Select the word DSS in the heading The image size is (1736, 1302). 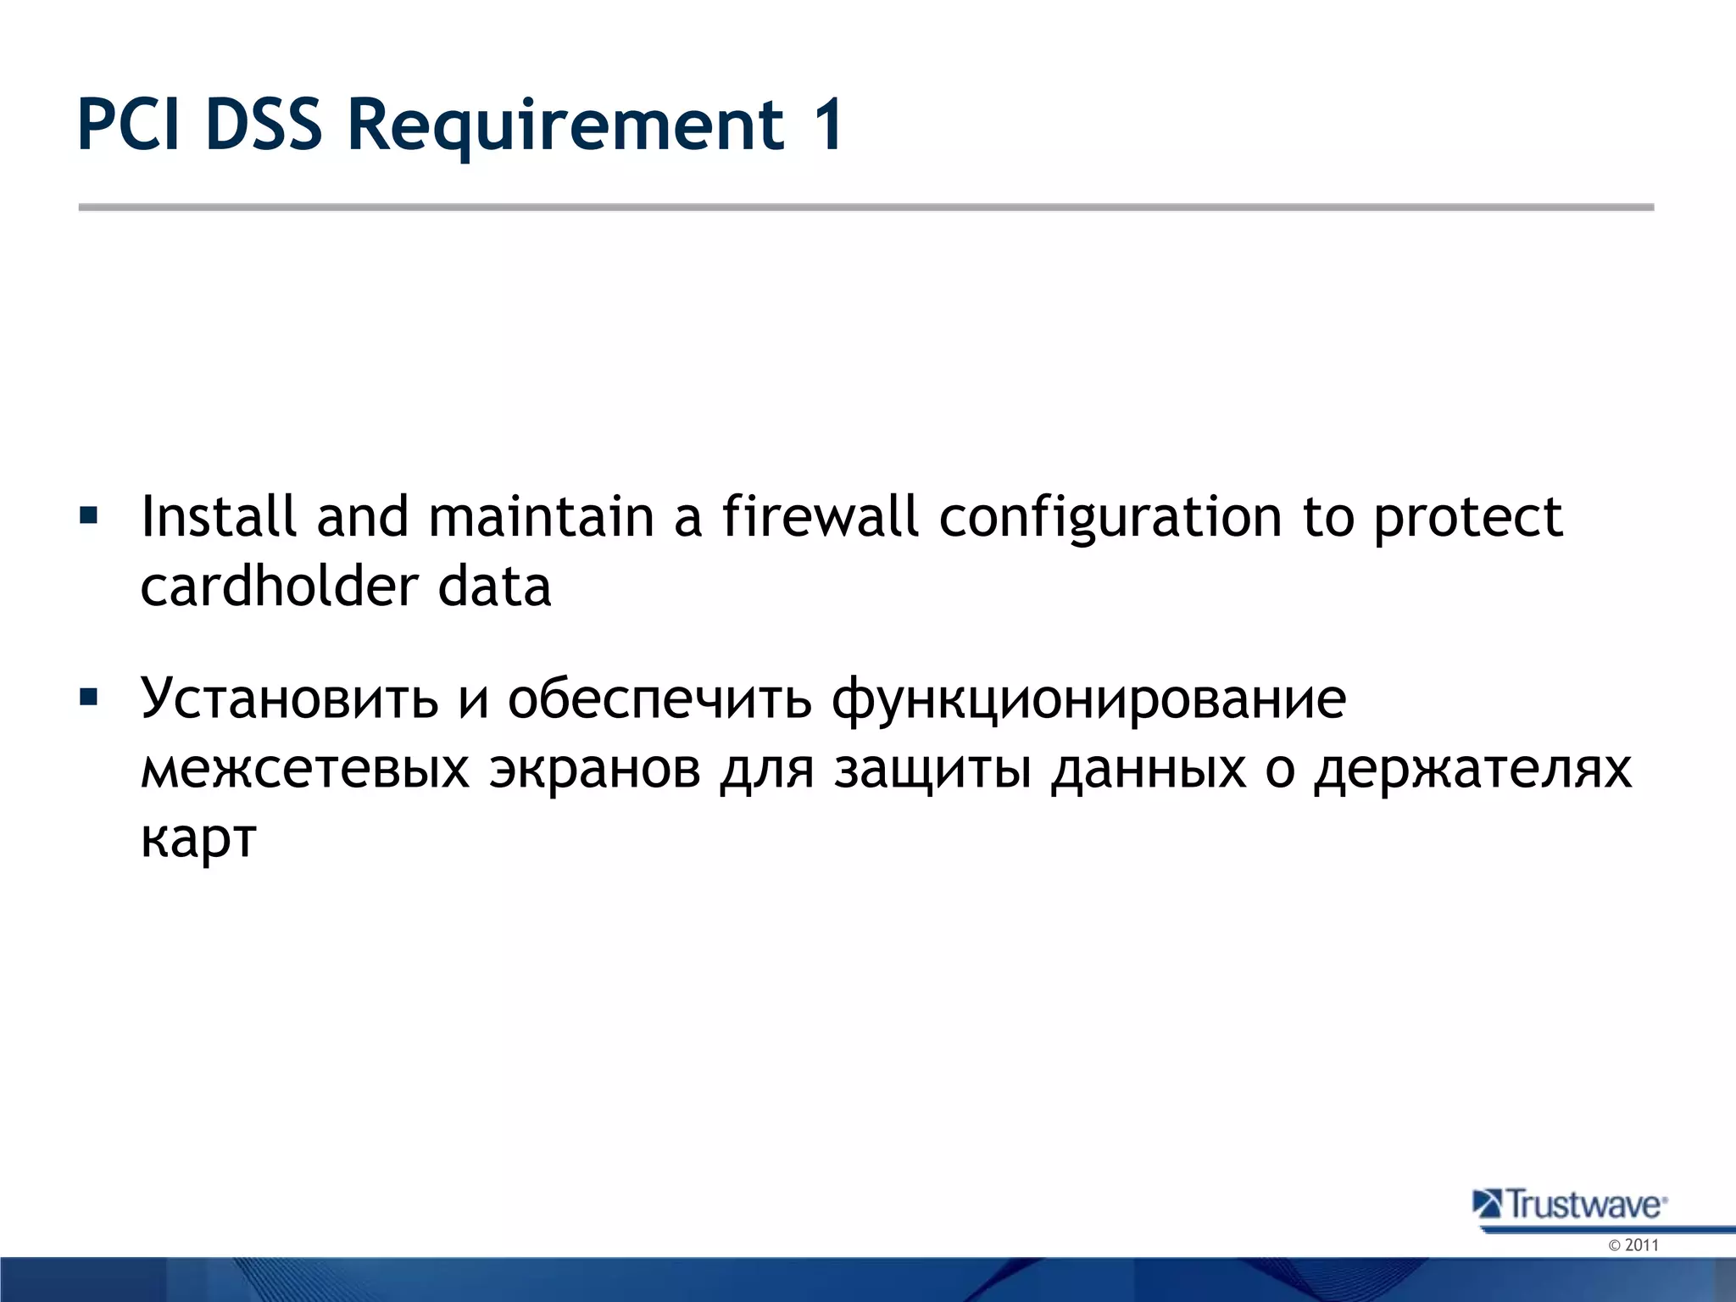[264, 125]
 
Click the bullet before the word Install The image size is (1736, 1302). [88, 515]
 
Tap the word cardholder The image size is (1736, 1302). [279, 586]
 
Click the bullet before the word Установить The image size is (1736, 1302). [88, 698]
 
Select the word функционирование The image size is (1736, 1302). [1088, 700]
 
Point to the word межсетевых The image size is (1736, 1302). [304, 770]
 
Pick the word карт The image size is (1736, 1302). [198, 839]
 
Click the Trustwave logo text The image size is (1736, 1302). [1585, 1205]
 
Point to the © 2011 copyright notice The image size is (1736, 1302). [1633, 1245]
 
